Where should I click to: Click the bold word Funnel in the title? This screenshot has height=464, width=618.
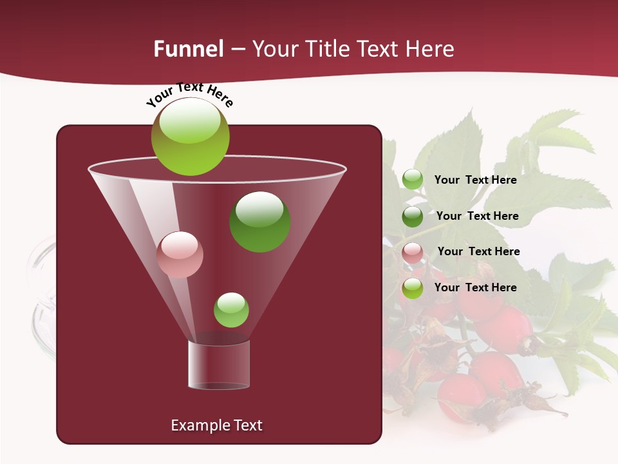point(188,49)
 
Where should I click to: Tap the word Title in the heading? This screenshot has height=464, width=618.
point(326,49)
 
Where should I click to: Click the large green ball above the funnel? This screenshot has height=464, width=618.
point(190,137)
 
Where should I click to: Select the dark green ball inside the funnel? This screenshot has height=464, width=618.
point(259,222)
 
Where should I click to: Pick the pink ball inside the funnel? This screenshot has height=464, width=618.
point(180,255)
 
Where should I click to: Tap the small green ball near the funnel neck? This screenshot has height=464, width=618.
point(231,310)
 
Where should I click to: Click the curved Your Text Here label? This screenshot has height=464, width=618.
point(189,94)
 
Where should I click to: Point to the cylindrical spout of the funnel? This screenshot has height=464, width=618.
point(219,365)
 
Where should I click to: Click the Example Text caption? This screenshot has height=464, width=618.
point(216,425)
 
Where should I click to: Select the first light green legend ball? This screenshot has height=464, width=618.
point(413,180)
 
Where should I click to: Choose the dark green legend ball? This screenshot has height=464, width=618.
point(413,217)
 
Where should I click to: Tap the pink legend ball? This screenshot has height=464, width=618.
point(413,253)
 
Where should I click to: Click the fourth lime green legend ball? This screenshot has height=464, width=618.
point(413,288)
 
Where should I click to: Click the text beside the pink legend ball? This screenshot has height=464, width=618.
point(478,251)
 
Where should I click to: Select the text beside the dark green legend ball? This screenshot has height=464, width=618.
point(477,216)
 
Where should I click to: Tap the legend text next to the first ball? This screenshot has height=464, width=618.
point(475,180)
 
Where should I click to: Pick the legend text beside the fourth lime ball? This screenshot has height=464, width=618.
point(475,287)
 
